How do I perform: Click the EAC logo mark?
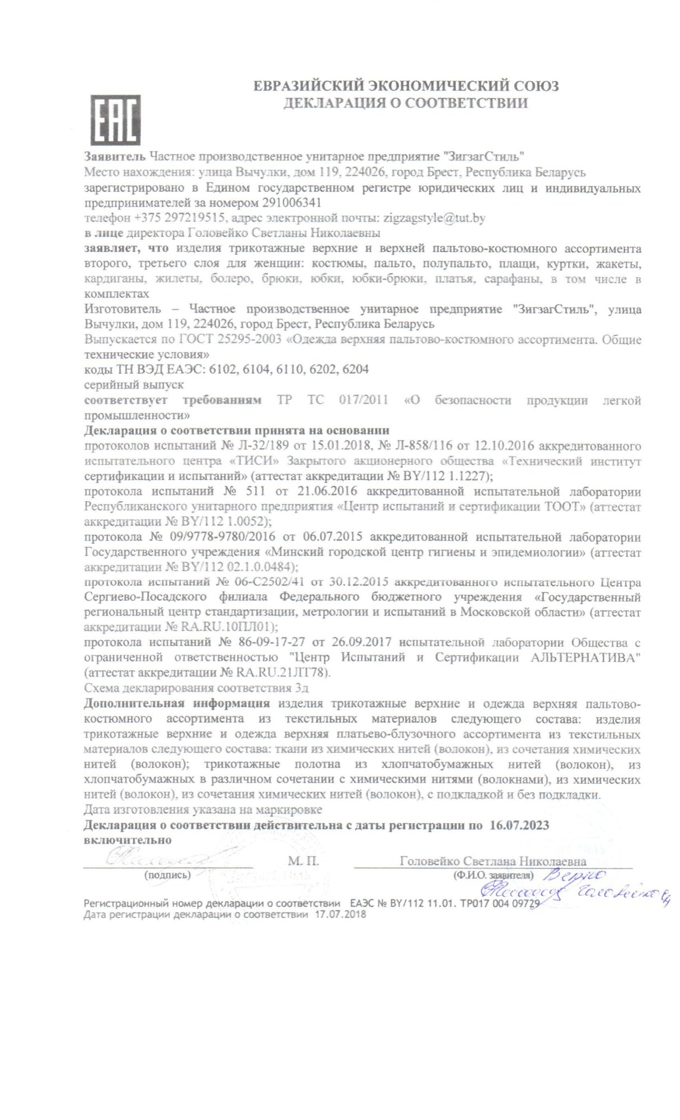(x=116, y=119)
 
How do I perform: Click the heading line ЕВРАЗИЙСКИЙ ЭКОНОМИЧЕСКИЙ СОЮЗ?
(x=406, y=86)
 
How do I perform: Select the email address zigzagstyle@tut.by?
(x=433, y=217)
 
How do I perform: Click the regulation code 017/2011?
(x=363, y=400)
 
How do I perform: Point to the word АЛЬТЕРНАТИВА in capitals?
(x=584, y=657)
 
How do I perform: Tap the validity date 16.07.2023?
(x=519, y=825)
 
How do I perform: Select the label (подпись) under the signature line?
(x=167, y=875)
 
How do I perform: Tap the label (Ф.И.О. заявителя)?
(x=493, y=875)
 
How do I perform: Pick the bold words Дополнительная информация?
(x=177, y=703)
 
